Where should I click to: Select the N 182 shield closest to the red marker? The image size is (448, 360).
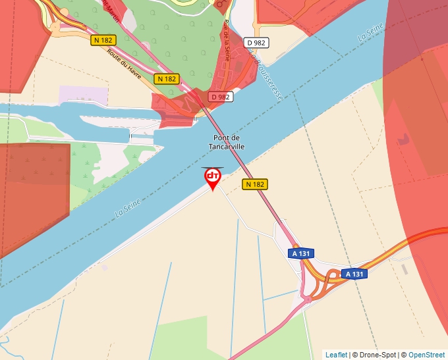254,184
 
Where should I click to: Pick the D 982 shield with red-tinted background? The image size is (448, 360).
221,97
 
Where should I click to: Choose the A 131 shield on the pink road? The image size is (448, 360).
301,253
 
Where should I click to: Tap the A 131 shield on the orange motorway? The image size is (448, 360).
354,274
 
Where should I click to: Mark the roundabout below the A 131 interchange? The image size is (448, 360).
307,299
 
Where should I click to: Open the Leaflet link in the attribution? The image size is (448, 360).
336,355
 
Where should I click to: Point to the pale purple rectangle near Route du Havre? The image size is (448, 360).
83,95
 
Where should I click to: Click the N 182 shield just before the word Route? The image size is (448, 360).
103,40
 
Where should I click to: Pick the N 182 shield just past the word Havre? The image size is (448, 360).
167,78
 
